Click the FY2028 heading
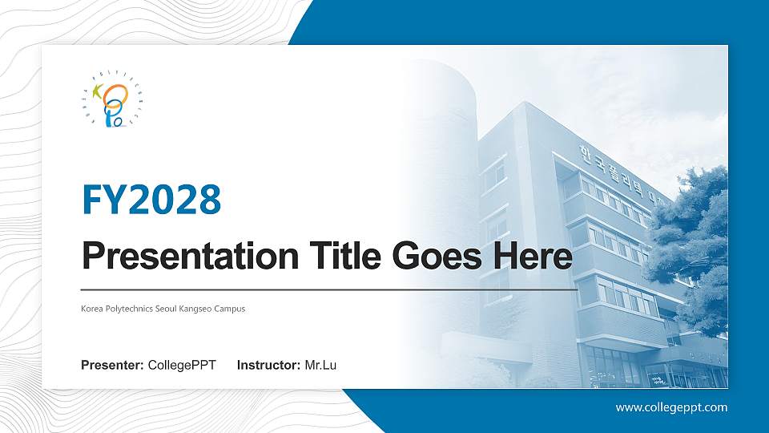click(x=151, y=200)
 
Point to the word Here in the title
click(x=533, y=257)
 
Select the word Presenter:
click(x=112, y=366)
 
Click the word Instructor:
click(x=269, y=366)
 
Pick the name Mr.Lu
click(x=320, y=366)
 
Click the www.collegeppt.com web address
click(x=671, y=407)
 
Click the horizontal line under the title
click(x=328, y=289)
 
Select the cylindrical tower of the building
click(x=441, y=160)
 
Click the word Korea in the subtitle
click(x=91, y=309)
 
